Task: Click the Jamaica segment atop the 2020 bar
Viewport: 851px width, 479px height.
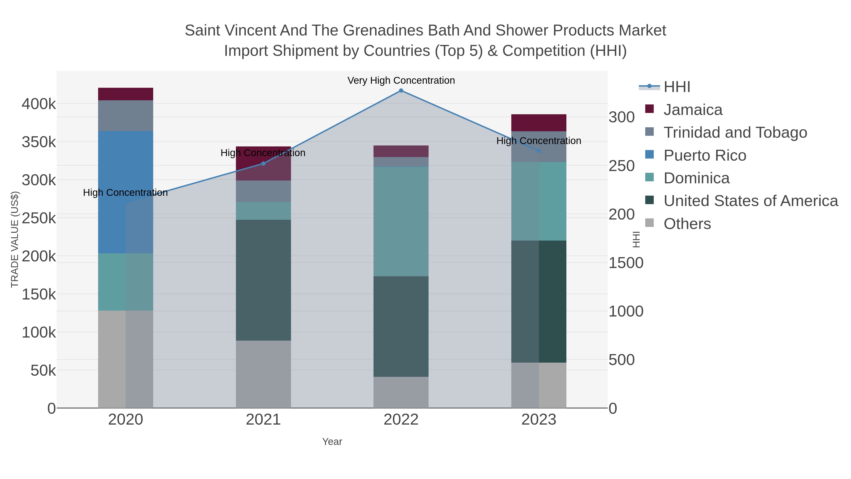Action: tap(126, 94)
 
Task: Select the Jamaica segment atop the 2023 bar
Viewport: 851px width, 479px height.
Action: tap(539, 123)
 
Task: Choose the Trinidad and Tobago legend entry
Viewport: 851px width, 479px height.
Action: tap(735, 132)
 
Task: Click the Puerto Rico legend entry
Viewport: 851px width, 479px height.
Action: tap(705, 155)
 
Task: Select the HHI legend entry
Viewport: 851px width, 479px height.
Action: tap(677, 87)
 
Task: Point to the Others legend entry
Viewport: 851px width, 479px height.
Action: tap(687, 224)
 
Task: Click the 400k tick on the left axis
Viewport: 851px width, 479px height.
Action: tap(39, 104)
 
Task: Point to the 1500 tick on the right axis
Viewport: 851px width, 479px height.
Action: tap(626, 263)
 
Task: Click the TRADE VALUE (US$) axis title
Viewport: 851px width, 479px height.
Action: tap(15, 239)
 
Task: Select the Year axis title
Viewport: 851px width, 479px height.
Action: tap(332, 442)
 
